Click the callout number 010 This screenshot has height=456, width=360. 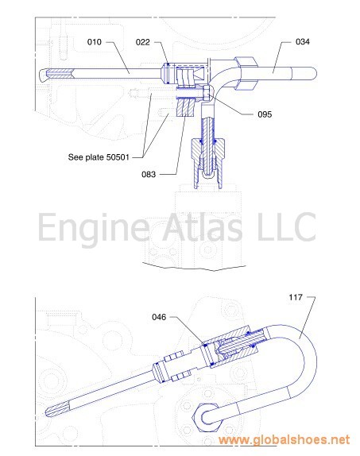95,42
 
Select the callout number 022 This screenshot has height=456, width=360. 142,42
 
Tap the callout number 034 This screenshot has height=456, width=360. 302,42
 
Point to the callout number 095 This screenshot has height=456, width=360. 265,114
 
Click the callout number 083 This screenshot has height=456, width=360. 149,175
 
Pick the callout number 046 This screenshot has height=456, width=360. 159,317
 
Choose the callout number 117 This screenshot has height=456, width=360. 296,297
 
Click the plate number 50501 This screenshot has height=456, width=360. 118,157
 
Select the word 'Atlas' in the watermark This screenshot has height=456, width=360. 202,226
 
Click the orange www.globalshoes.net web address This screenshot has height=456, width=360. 284,439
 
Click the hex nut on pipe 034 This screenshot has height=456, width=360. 246,73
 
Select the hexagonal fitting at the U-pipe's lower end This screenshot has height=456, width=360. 207,417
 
